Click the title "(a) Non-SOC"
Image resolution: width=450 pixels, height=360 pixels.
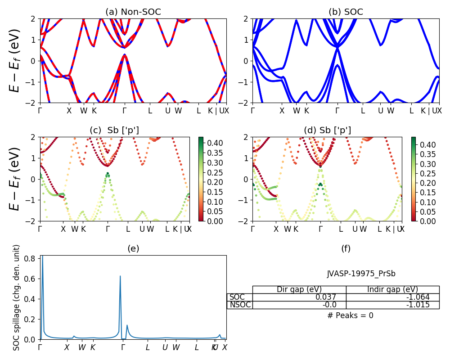tap(133, 12)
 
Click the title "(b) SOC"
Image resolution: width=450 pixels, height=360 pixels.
tap(346, 12)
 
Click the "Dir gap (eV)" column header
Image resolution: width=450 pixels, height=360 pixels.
tap(299, 289)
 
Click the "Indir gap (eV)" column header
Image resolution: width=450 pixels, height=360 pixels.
tap(392, 289)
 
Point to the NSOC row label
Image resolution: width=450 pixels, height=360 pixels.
tap(240, 305)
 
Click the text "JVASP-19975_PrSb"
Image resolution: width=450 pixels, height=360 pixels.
tap(361, 274)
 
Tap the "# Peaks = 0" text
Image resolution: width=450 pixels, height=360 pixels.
tap(350, 315)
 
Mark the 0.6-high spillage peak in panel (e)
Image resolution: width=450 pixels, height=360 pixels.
tap(120, 276)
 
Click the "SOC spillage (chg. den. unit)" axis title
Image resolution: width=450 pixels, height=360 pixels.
tap(16, 297)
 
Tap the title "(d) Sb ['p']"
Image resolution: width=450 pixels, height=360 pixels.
tap(327, 130)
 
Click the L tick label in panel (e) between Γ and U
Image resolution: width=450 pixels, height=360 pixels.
tap(148, 347)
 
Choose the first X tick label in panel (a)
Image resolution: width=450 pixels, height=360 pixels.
tap(69, 110)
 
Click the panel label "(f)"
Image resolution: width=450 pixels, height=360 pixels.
tap(346, 248)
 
